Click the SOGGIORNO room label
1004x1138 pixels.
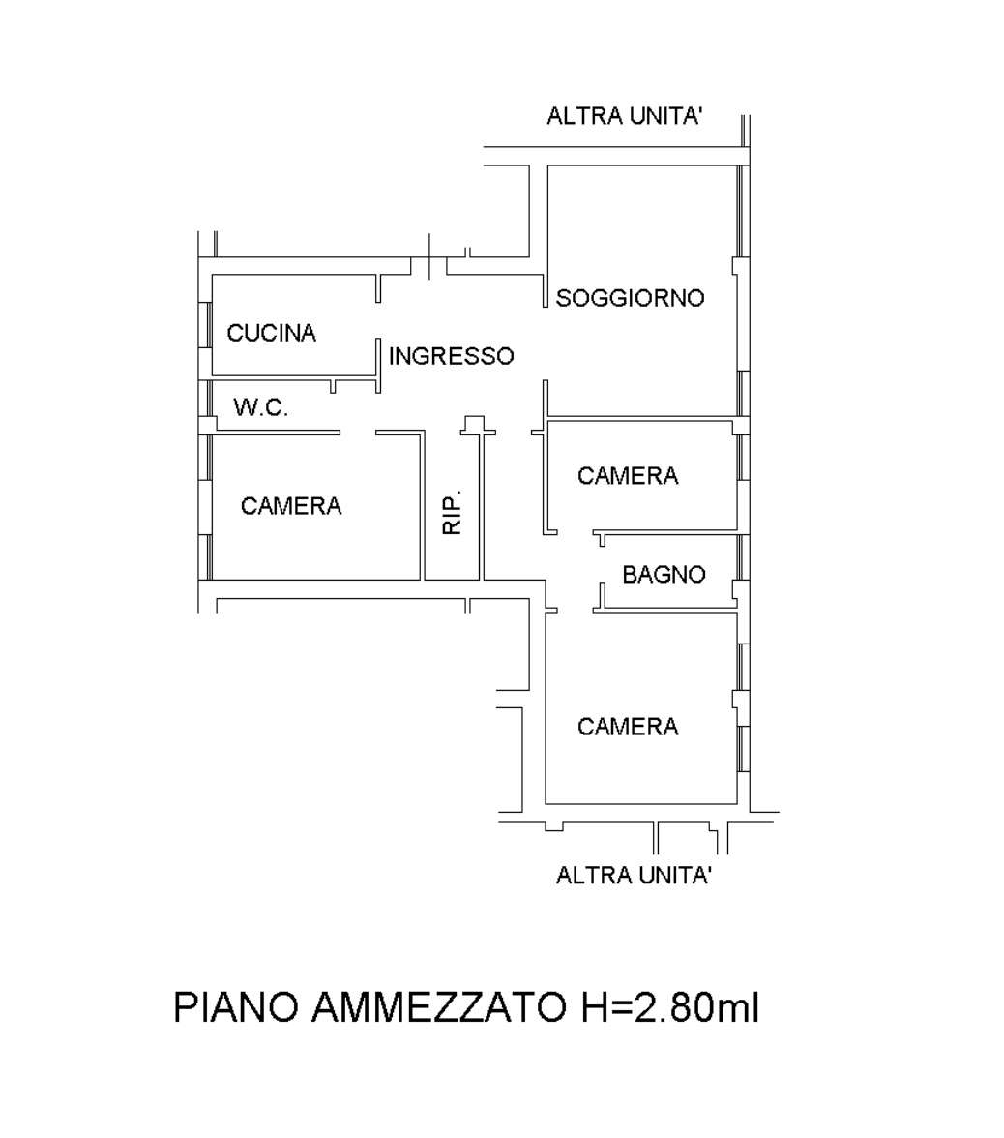click(x=630, y=298)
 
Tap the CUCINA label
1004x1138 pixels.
click(x=271, y=333)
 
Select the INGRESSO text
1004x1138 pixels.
click(x=451, y=356)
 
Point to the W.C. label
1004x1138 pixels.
click(x=260, y=407)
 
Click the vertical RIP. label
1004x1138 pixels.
click(x=452, y=513)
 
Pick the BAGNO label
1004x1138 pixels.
click(x=664, y=574)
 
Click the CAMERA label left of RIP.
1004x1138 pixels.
click(x=291, y=506)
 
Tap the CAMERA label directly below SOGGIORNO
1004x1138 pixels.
click(x=628, y=475)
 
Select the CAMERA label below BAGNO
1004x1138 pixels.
click(x=628, y=727)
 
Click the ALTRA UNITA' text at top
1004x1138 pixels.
click(x=624, y=115)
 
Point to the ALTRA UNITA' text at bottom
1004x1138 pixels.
click(x=634, y=875)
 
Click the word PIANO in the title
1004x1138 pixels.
click(x=236, y=1007)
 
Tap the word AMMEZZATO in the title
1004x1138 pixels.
click(x=439, y=1007)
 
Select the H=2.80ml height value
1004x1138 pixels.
click(x=669, y=1007)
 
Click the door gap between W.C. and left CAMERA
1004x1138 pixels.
click(x=358, y=434)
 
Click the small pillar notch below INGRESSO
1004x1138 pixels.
click(x=474, y=425)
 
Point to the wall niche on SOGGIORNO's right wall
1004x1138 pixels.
click(x=736, y=266)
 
